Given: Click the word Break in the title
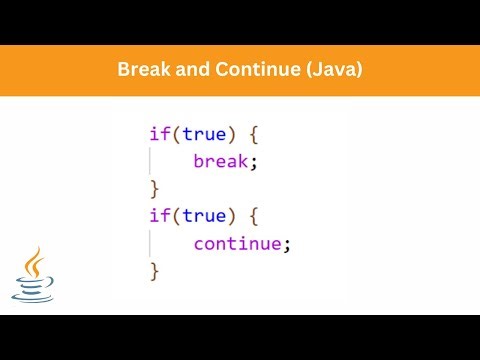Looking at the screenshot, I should click(x=142, y=71).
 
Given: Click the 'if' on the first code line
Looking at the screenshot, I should click(x=158, y=133).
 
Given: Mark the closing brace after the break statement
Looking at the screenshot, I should click(x=154, y=188).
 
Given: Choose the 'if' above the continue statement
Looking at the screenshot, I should click(x=158, y=215).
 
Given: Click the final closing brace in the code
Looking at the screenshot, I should click(x=154, y=270).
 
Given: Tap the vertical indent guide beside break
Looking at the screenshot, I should click(x=151, y=161).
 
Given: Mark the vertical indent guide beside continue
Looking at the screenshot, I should click(x=151, y=243).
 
